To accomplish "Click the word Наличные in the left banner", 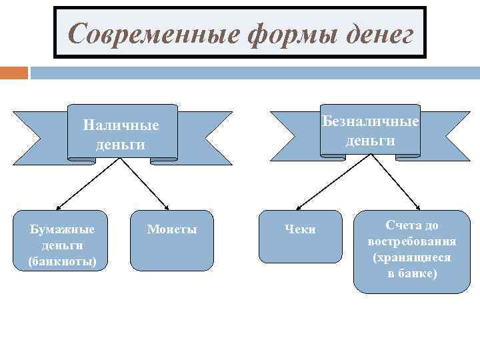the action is pos(121,125).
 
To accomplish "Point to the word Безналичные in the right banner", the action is pos(371,121).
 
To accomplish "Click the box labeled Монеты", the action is pos(172,241).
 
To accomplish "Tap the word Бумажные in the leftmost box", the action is pos(63,230).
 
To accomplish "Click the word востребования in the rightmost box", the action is pos(412,241).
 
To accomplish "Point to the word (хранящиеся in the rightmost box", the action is pos(412,257).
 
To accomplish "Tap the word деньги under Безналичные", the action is pos(370,141).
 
